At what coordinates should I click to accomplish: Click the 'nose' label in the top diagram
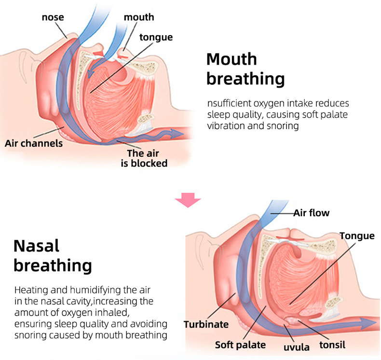point(53,18)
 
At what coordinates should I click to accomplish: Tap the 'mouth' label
point(139,17)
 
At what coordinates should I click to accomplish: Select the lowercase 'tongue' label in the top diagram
point(156,37)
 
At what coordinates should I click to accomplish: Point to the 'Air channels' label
point(34,143)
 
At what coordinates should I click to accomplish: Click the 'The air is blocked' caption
point(144,158)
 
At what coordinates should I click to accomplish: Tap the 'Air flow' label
point(312,212)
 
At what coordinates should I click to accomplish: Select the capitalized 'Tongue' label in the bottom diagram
point(356,235)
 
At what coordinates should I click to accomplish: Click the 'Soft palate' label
point(240,345)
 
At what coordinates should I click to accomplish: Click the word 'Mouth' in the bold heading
point(231,59)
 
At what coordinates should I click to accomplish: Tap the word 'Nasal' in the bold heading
point(36,246)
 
